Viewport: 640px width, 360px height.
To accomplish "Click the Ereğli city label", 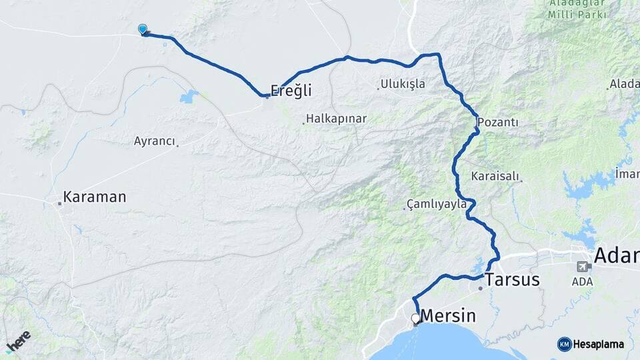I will (x=291, y=91).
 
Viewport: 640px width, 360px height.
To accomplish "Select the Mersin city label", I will (x=451, y=316).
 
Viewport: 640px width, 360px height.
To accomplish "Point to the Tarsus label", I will (x=513, y=279).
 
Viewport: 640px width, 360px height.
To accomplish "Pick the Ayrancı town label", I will (x=154, y=141).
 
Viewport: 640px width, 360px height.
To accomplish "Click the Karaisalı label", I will (x=495, y=177).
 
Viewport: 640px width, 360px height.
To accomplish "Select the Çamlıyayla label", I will (x=438, y=204).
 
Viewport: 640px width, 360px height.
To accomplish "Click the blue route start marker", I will (x=143, y=29).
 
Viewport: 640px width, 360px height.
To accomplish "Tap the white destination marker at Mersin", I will (x=415, y=319).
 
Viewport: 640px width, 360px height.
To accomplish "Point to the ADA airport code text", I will (x=583, y=282).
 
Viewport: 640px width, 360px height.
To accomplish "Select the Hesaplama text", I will (x=599, y=344).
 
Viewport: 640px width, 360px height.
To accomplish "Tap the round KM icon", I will (x=565, y=344).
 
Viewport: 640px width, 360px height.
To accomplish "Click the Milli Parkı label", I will (x=577, y=14).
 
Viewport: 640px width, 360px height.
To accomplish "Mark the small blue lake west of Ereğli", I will (x=189, y=96).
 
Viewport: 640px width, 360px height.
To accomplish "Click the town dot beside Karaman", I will (x=59, y=203).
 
